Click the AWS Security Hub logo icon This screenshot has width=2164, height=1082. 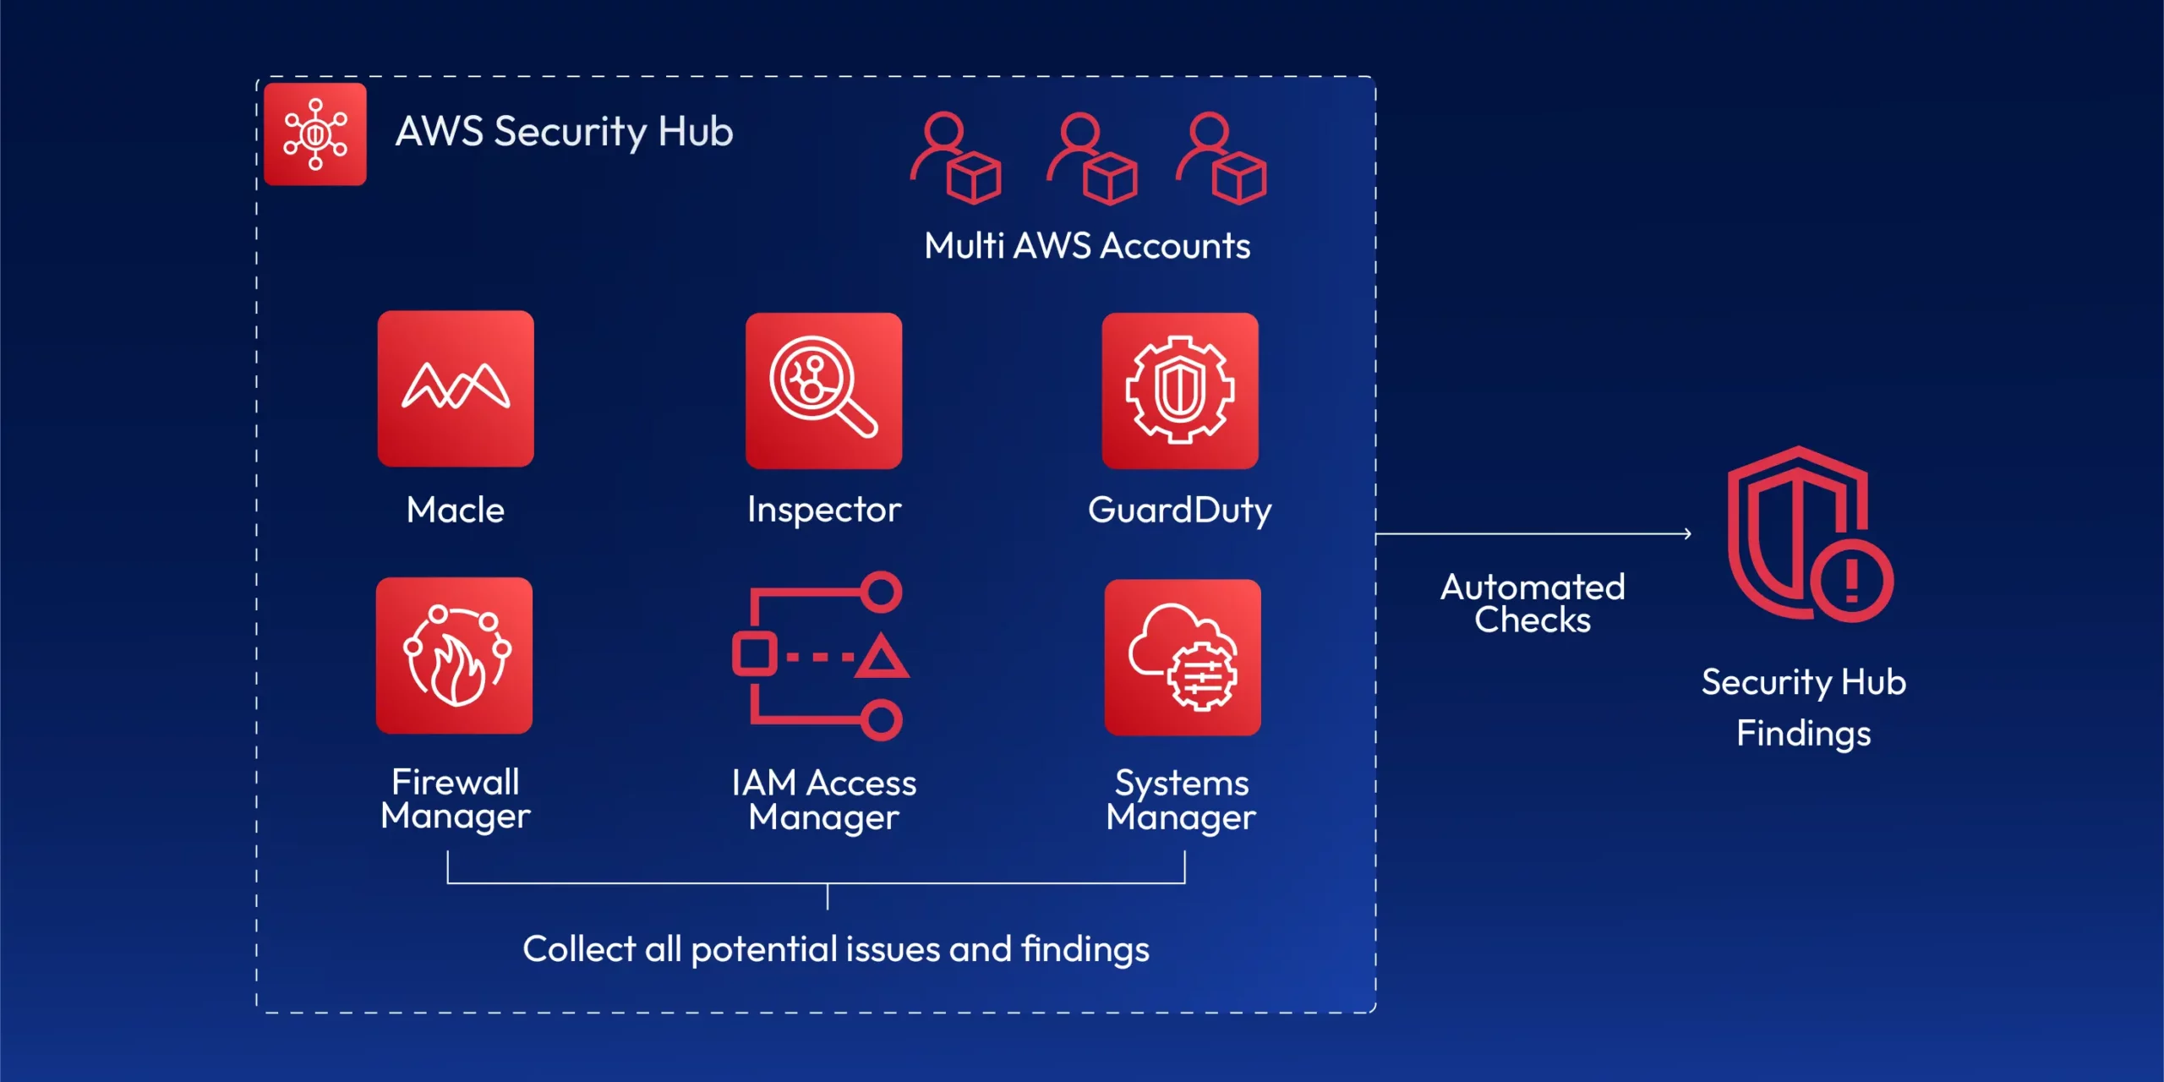pos(315,134)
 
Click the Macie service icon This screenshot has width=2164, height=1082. pos(456,388)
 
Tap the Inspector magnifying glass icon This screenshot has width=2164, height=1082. pos(824,391)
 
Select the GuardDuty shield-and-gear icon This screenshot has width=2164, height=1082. pos(1180,391)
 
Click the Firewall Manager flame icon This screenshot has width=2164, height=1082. pos(455,655)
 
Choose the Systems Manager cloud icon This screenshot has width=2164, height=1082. pos(1183,657)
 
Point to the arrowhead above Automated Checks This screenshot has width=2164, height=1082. pos(1687,533)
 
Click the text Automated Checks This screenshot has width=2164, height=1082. pos(1533,604)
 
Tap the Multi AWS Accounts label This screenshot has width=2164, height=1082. pos(1087,246)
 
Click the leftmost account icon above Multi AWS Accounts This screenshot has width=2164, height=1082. pos(956,158)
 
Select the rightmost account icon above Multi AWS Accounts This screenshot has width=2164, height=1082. pos(1221,158)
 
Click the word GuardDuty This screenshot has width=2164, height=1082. pos(1180,511)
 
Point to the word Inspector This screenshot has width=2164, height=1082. pos(824,510)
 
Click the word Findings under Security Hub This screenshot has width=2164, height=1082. pos(1804,734)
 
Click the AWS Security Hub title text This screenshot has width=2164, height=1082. pos(565,132)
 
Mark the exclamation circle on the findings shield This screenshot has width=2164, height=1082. pos(1851,581)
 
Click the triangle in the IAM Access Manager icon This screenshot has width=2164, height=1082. pos(882,657)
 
